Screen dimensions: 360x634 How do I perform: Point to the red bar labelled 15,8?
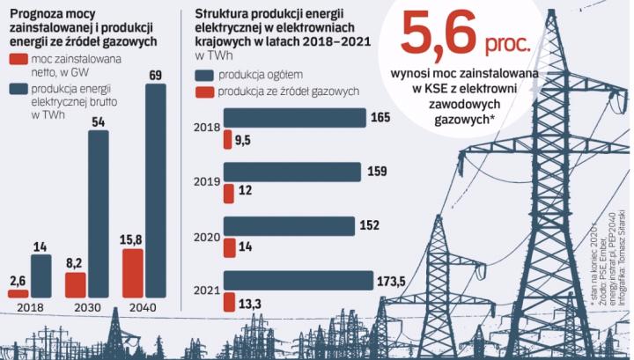point(131,275)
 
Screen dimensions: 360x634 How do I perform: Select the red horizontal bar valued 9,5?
point(227,138)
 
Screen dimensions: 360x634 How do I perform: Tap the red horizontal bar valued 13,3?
point(229,302)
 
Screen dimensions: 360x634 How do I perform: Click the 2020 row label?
point(206,238)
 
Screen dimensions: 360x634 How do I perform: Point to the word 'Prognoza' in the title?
point(33,11)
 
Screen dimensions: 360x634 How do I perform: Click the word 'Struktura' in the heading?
point(222,11)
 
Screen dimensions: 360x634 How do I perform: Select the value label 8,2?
point(77,263)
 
